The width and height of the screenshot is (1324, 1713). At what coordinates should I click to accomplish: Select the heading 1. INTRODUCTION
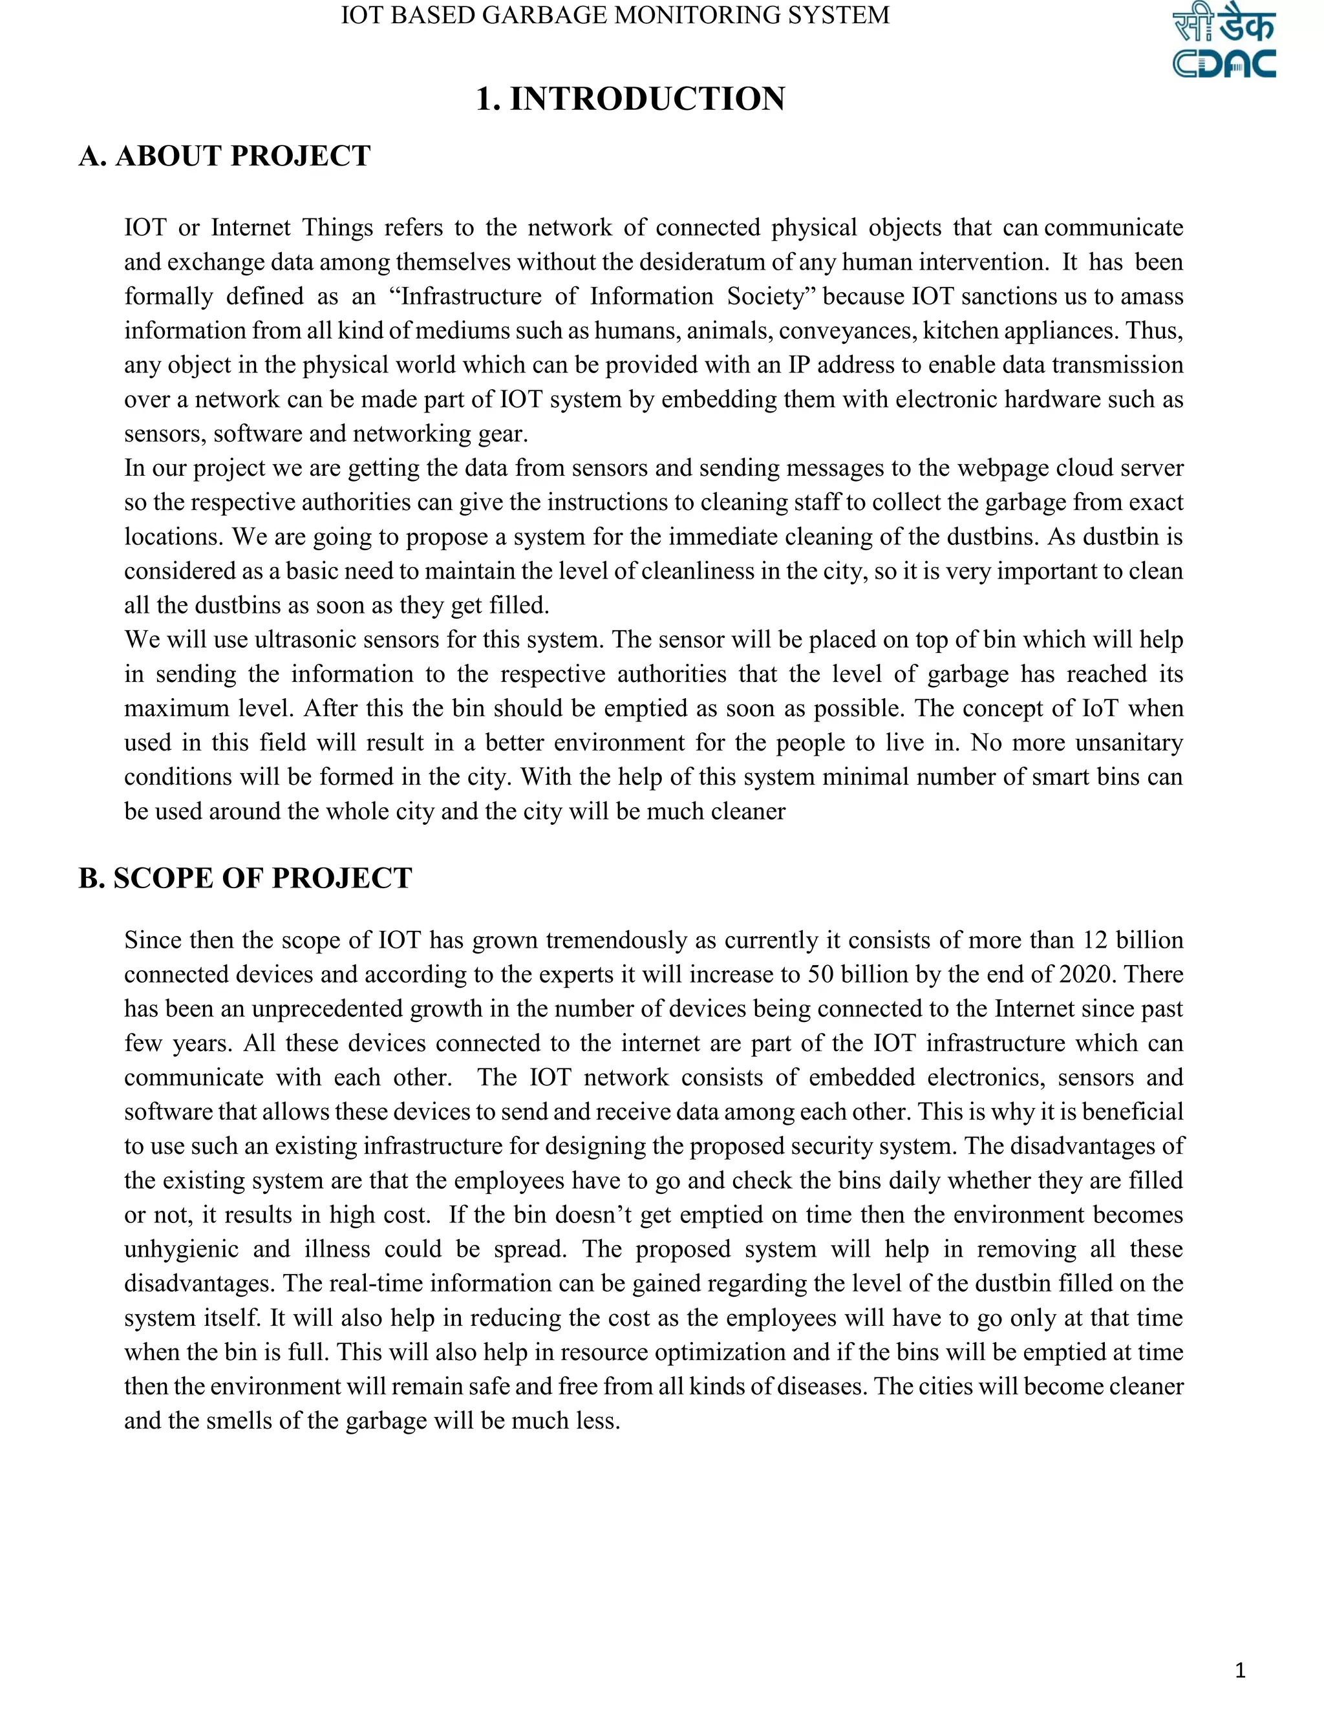click(x=630, y=100)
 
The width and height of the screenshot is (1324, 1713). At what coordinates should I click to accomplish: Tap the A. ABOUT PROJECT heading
click(x=224, y=156)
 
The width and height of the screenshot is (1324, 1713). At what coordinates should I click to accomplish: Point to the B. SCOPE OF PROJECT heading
click(x=245, y=878)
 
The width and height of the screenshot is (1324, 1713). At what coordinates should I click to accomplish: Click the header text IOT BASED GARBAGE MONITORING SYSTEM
click(x=615, y=16)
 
